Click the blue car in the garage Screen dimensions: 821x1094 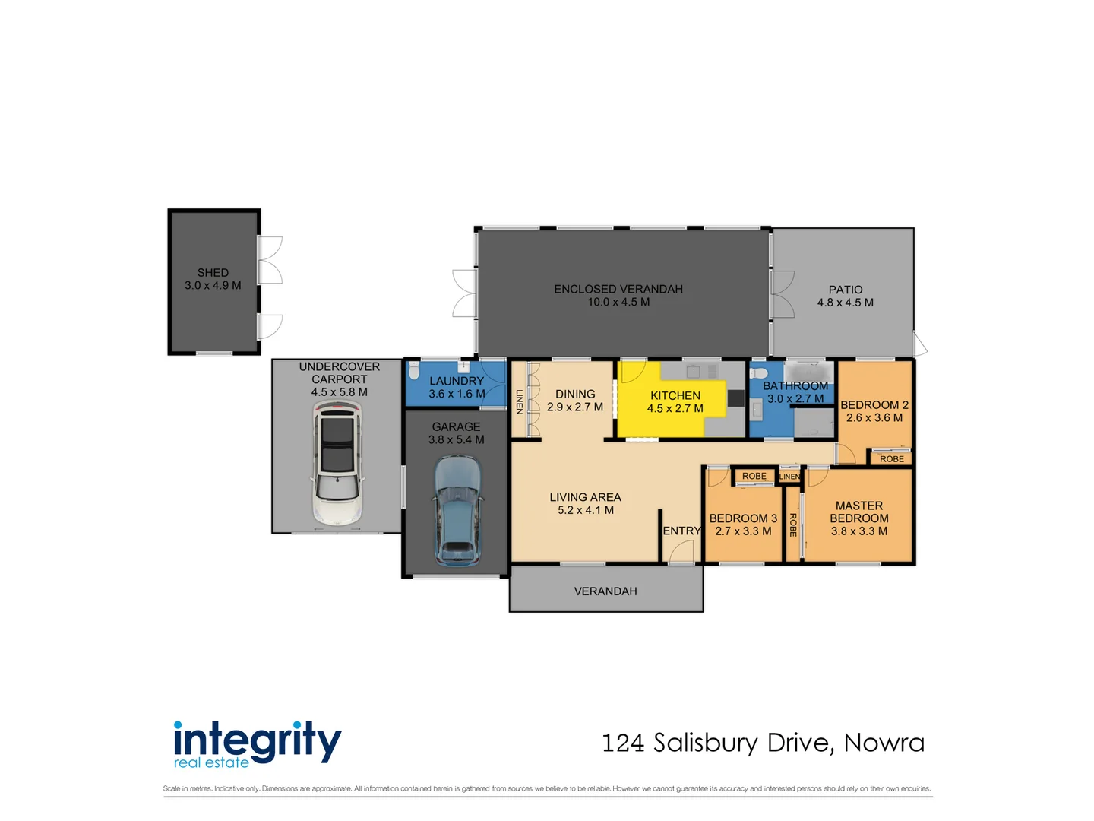tap(457, 509)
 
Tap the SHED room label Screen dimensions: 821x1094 tap(213, 272)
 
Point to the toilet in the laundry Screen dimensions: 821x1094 tap(414, 371)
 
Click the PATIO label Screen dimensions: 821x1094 tap(846, 290)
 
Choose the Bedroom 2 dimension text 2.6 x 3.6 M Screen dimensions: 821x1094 tap(874, 417)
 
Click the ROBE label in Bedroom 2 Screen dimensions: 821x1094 tap(892, 459)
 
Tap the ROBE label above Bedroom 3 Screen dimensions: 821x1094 tap(754, 477)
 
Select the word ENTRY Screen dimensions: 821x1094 tap(681, 531)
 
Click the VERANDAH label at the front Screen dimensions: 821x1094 tap(605, 591)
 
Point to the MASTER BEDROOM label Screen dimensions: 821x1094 tap(859, 512)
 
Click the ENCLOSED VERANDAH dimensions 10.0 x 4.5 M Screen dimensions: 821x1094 tap(618, 302)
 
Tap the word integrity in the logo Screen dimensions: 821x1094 tap(258, 740)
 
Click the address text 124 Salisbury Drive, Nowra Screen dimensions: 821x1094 tap(763, 743)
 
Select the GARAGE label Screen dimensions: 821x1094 tap(456, 426)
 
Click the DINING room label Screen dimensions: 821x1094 tap(575, 394)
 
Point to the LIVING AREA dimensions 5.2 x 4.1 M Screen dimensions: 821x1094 tap(586, 510)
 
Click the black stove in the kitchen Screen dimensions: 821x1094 tap(735, 398)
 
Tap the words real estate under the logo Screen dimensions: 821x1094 tap(211, 762)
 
